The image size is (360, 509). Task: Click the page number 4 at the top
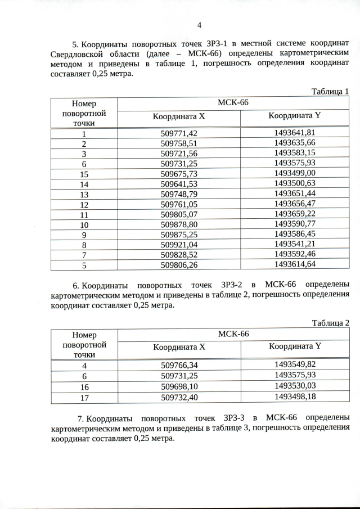pos(200,25)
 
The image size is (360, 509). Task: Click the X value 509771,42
pos(179,133)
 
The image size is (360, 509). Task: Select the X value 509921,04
pos(179,245)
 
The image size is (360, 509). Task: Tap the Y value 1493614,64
pos(295,265)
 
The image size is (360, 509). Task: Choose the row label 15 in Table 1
pos(84,174)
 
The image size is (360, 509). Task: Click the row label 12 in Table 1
pos(84,204)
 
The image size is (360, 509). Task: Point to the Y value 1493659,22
pos(295,214)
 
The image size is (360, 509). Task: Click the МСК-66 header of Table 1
pos(233,103)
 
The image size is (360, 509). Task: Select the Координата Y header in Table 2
pos(295,346)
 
